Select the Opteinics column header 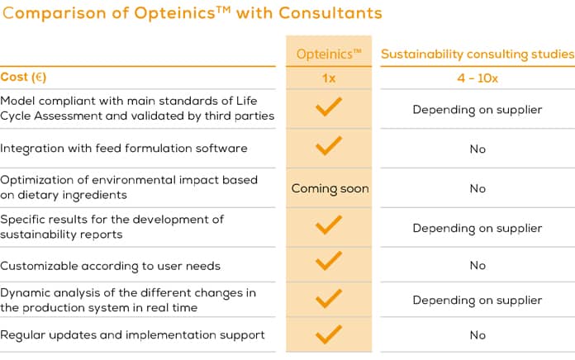(329, 54)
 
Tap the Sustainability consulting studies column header (477, 54)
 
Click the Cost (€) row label (23, 78)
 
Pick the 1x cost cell (329, 78)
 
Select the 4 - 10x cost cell (477, 78)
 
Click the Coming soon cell (330, 188)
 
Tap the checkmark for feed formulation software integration (329, 146)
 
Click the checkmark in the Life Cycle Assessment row (329, 107)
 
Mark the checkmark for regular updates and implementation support (329, 334)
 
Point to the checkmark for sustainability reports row (329, 225)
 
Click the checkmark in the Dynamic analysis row (329, 297)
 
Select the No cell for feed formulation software (477, 149)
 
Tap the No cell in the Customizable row (477, 266)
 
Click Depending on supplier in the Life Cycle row (477, 110)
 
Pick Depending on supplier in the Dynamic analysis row (477, 300)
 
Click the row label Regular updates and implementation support (132, 335)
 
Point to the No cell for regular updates (477, 335)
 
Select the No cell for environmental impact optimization (477, 188)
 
